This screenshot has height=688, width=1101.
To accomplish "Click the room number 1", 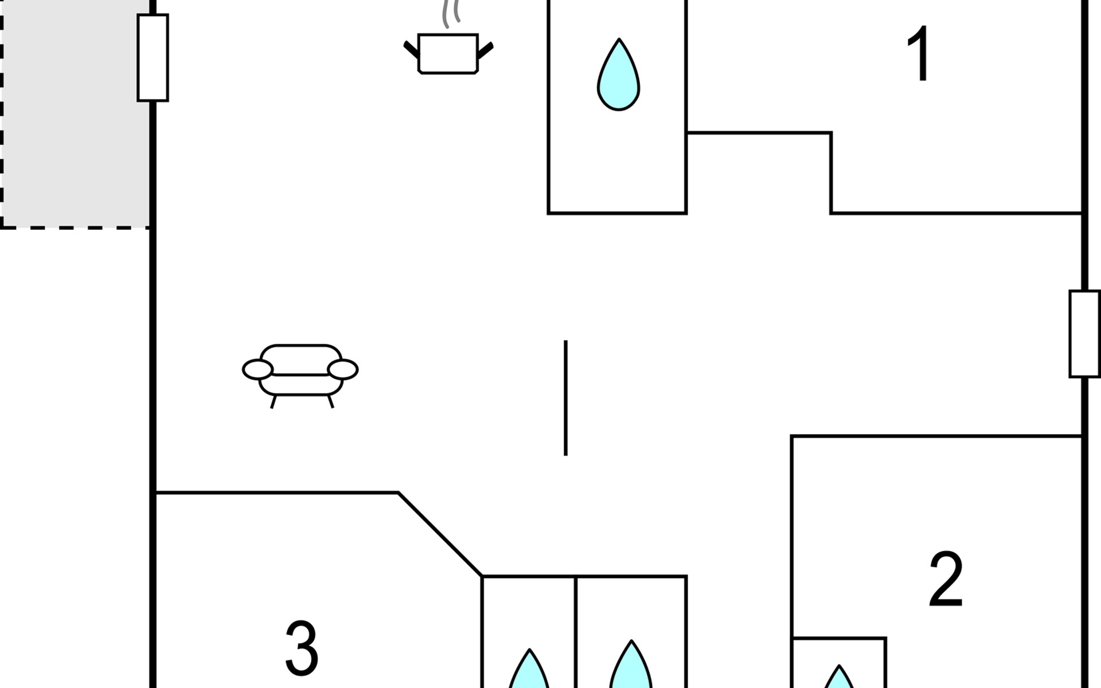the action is pyautogui.click(x=919, y=54).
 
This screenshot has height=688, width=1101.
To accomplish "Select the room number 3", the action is pyautogui.click(x=302, y=648).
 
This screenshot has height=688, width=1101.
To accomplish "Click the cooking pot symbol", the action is pyautogui.click(x=448, y=53).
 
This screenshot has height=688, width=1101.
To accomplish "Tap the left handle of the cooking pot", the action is pyautogui.click(x=412, y=50).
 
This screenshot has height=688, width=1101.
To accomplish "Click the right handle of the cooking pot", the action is pyautogui.click(x=485, y=50).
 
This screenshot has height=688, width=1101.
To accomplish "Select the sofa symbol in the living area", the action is pyautogui.click(x=300, y=376).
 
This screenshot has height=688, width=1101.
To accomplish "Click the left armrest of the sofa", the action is pyautogui.click(x=257, y=370).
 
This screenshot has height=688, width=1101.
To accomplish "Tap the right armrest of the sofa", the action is pyautogui.click(x=343, y=370).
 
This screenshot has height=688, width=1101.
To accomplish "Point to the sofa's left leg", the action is pyautogui.click(x=274, y=401).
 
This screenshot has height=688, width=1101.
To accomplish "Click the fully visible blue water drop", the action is pyautogui.click(x=619, y=75).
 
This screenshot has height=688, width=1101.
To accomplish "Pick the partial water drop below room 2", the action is pyautogui.click(x=839, y=677).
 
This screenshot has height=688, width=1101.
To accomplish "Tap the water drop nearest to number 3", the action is pyautogui.click(x=529, y=669).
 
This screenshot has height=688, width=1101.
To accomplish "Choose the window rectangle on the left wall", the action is pyautogui.click(x=153, y=58).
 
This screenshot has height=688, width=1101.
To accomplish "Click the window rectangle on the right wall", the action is pyautogui.click(x=1084, y=334).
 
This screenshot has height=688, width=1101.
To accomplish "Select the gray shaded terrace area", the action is pyautogui.click(x=75, y=114).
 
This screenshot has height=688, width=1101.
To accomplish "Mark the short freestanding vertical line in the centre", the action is pyautogui.click(x=566, y=398).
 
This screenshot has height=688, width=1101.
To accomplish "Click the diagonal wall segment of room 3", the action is pyautogui.click(x=440, y=534).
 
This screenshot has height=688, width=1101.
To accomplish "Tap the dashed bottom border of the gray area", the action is pyautogui.click(x=75, y=228).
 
